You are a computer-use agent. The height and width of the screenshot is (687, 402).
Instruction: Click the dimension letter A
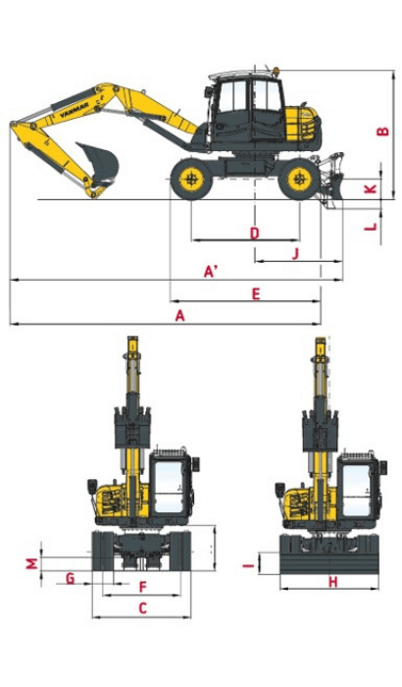click(178, 315)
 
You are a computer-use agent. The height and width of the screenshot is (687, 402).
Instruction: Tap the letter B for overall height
click(383, 133)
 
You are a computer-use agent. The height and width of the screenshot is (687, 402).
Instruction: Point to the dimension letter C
click(142, 608)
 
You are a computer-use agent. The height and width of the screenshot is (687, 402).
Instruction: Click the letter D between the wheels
click(254, 233)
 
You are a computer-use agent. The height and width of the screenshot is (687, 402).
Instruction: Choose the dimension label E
click(255, 293)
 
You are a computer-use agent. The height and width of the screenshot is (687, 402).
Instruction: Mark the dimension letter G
click(71, 577)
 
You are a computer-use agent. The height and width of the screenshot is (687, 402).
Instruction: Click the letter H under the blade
click(332, 582)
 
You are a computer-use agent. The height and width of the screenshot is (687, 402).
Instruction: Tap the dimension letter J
click(295, 254)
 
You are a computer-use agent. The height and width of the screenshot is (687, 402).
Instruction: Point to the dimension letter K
click(370, 187)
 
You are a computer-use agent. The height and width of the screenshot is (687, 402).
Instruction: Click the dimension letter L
click(370, 227)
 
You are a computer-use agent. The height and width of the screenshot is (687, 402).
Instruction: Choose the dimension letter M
click(31, 563)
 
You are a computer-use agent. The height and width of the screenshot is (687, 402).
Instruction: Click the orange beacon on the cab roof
click(276, 70)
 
